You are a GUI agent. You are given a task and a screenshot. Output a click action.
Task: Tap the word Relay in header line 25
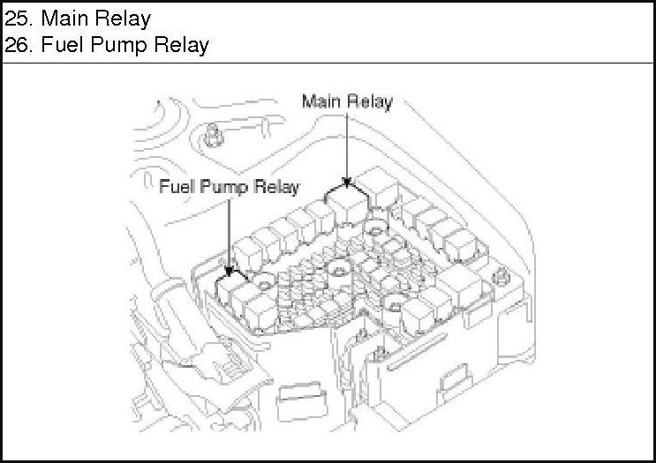click(x=124, y=18)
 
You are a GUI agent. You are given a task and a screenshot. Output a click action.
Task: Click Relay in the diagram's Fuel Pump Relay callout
click(x=277, y=187)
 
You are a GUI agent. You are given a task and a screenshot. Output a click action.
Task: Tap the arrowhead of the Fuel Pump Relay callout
click(x=230, y=269)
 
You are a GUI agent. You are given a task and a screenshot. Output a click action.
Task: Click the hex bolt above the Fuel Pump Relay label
click(x=212, y=134)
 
